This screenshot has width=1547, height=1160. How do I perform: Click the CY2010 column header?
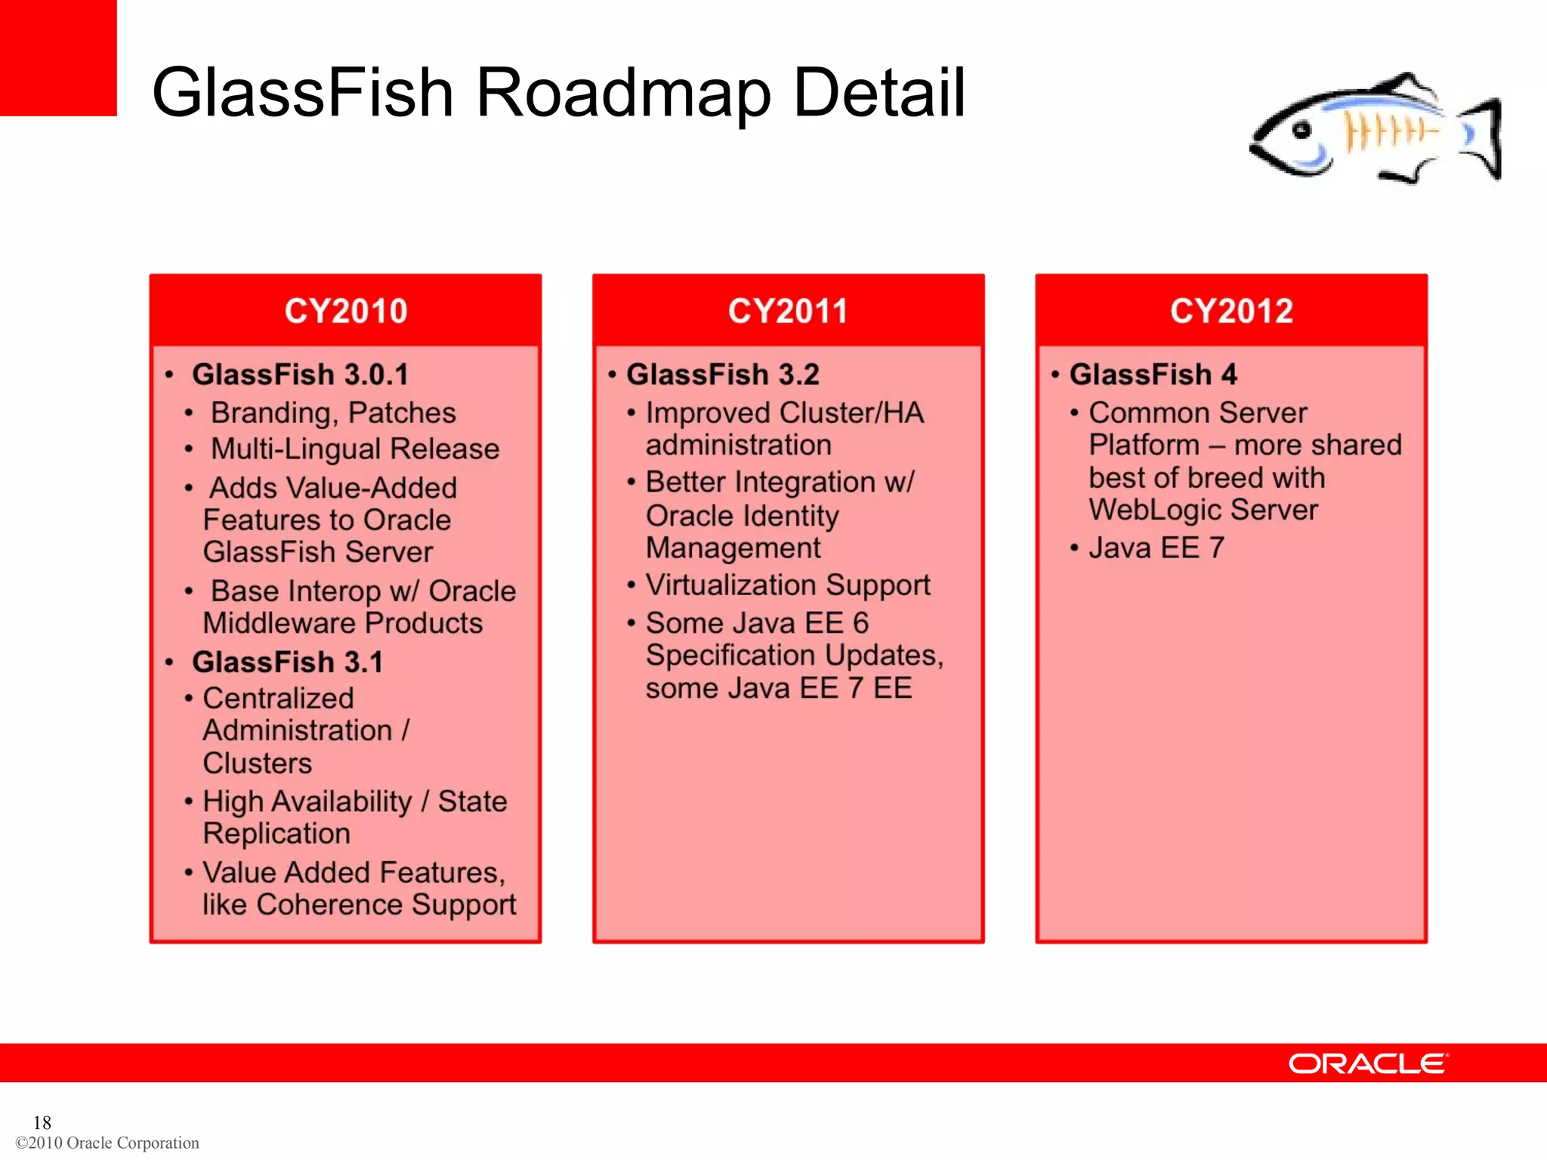pos(345,311)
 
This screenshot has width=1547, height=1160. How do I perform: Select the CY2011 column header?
pos(788,311)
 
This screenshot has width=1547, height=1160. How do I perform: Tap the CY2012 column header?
pos(1231,311)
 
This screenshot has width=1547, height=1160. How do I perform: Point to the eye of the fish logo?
pos(1301,131)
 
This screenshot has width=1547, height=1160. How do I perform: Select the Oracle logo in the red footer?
pos(1368,1063)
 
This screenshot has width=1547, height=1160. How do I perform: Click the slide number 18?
pos(42,1122)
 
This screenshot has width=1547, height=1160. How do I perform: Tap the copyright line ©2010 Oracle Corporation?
pos(107,1143)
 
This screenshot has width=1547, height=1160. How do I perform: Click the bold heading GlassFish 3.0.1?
pos(300,375)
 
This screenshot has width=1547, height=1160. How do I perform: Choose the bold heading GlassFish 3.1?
pos(287,662)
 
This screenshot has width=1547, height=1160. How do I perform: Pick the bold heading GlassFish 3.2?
pos(722,375)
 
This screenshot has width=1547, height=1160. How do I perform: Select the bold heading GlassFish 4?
pos(1153,375)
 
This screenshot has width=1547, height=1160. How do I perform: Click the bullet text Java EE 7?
pos(1156,548)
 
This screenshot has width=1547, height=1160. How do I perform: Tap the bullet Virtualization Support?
pos(788,585)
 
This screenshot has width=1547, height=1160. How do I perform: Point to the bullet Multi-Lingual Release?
pos(355,449)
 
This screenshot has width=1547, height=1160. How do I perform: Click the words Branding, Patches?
pos(333,413)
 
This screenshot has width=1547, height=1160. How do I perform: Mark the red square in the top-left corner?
pos(58,57)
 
